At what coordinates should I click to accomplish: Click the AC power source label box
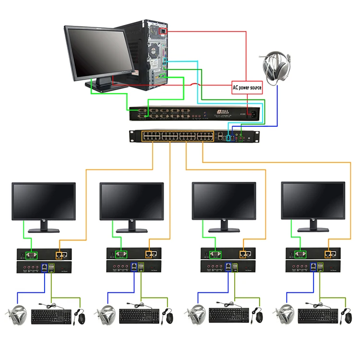(247, 88)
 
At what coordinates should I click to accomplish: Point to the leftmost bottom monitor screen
(44, 201)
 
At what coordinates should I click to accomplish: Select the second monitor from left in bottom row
(132, 201)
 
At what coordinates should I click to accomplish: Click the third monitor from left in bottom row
(224, 201)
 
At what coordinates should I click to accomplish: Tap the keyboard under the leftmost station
(51, 316)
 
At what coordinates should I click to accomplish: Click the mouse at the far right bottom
(346, 317)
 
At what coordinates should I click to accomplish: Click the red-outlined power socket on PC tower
(163, 32)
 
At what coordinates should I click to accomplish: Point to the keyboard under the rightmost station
(318, 316)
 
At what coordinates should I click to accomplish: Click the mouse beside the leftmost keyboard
(81, 317)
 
